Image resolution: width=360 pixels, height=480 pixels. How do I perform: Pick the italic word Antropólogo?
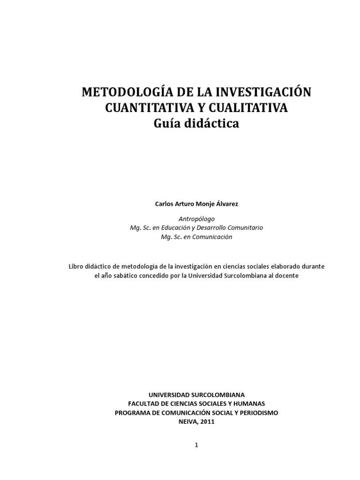pos(196,219)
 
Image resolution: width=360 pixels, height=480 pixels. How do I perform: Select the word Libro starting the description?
pos(76,266)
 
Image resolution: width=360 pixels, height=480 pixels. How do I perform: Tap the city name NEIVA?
pos(187,421)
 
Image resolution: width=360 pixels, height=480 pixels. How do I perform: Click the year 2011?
pos(207,421)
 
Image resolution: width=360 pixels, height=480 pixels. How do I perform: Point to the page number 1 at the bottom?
pos(197,446)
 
